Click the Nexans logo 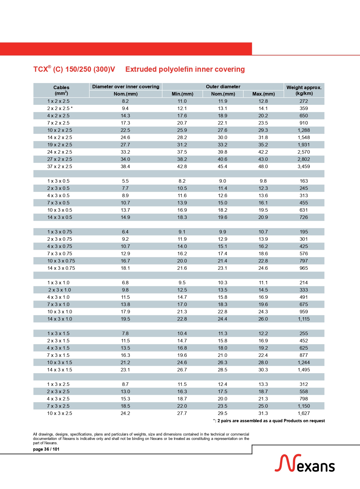point(305,463)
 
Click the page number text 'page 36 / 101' point(46,449)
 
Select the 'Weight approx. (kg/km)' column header point(304,90)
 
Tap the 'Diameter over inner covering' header point(126,87)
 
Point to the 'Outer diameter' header point(223,87)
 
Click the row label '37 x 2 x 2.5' point(60,166)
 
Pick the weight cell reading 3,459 point(304,166)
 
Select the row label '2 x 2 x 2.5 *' point(60,108)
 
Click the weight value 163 point(304,181)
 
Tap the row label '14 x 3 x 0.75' point(61,268)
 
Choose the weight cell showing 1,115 point(304,319)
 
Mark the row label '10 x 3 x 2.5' point(60,413)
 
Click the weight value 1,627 point(304,413)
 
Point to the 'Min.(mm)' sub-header point(182,94)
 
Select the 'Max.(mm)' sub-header point(263,94)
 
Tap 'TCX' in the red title point(40,69)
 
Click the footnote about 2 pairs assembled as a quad point(269,421)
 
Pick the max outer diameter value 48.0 point(263,166)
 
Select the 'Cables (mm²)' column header point(61,90)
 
